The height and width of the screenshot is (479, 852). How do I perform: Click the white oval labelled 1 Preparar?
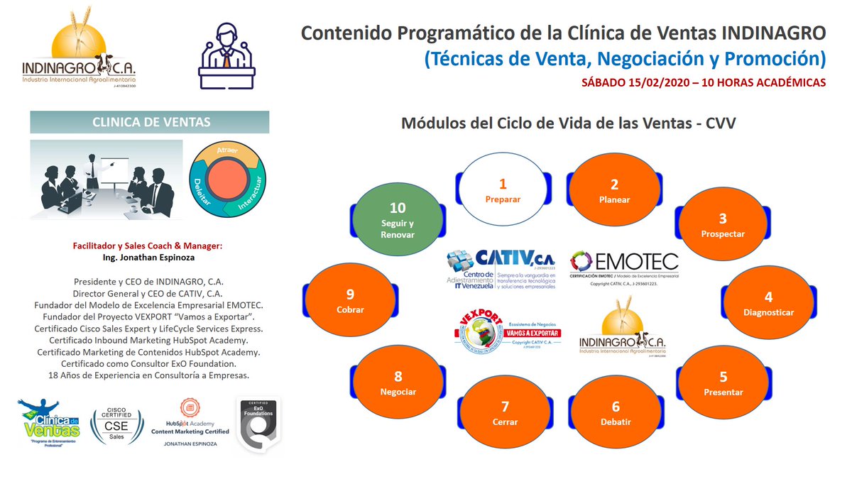503,190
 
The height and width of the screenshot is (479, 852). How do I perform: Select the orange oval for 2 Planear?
614,190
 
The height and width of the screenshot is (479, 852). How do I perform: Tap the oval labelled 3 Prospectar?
723,225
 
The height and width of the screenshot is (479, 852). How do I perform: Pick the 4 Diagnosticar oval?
768,303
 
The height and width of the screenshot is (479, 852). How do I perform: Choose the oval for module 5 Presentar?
723,383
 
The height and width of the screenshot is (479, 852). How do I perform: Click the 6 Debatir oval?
615,413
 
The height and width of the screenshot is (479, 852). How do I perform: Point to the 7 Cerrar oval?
504,413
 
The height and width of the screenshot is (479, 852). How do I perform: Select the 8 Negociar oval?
398,383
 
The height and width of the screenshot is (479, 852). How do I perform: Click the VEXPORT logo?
506,333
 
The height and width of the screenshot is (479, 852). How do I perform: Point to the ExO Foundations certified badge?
257,424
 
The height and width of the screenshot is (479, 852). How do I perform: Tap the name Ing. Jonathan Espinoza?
148,258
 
